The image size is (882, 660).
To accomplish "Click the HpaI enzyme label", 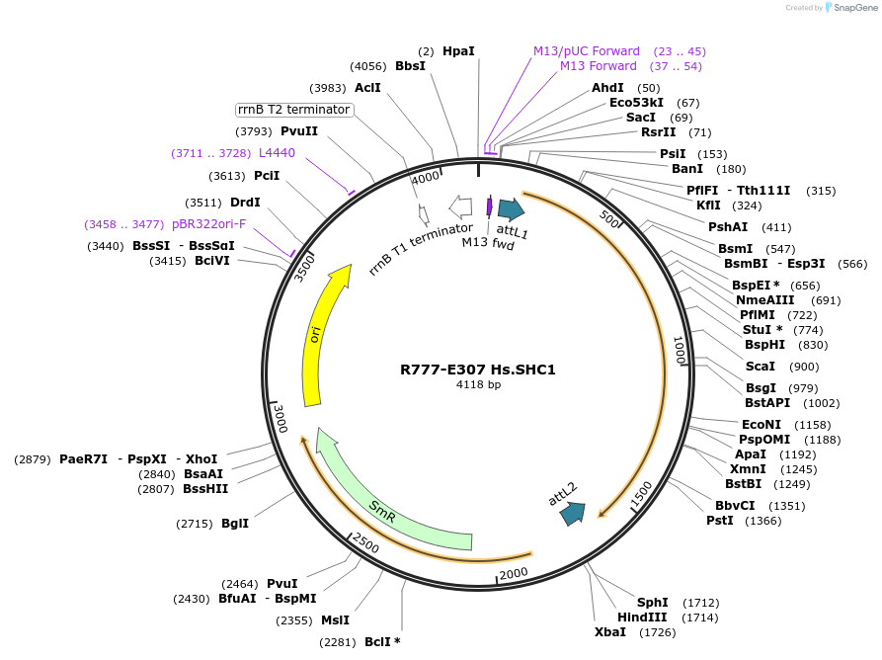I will coord(458,50).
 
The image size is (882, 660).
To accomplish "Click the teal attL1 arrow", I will coord(511,208).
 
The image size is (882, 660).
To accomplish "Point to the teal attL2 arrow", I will coord(572,513).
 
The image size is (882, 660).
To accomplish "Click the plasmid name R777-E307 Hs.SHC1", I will coord(478,370).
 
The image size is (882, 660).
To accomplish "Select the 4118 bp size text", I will coord(478,385).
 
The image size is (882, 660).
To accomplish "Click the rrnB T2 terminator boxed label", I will coord(293,109).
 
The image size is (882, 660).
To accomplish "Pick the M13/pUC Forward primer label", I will coord(587,50).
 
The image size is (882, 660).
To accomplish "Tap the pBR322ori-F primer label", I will coord(209,224).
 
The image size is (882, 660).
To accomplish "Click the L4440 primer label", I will coord(277,153).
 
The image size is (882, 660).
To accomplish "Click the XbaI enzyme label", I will coord(609,631).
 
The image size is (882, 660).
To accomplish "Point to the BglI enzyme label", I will coord(235,523).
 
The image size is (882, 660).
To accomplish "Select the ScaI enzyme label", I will coord(761,367).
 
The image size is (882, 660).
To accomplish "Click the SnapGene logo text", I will coord(847,8).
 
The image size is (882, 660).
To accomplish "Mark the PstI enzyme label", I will coord(719,521).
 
